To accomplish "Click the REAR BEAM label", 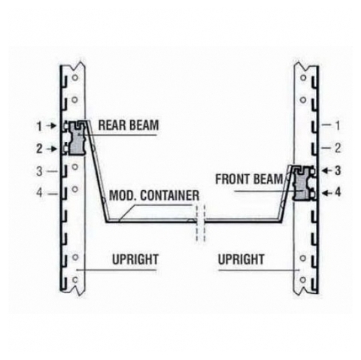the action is pos(129,126).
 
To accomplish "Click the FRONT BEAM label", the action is pos(249,179).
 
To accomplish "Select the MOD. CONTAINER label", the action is pos(154,195).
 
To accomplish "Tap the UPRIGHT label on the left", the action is pos(135,259).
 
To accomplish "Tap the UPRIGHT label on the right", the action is pos(241,259).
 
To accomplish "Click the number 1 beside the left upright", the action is pos(39,126).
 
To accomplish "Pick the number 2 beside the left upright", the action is pos(39,149).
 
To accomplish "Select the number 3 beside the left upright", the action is pos(39,171).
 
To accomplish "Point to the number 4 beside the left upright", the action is pos(39,193).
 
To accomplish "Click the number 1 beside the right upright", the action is pos(338,126).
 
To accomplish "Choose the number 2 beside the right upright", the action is pos(338,148).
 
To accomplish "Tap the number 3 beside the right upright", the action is pos(338,171).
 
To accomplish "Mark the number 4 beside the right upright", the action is pos(338,192).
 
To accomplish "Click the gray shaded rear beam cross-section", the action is pos(77,138).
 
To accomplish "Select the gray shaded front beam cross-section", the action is pos(302,184).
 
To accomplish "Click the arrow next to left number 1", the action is pos(51,126).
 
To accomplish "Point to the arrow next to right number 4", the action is pos(327,193).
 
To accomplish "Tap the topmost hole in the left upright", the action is pos(74,77).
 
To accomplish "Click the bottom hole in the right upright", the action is pos(303,280).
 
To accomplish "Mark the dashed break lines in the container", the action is pos(200,223).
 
